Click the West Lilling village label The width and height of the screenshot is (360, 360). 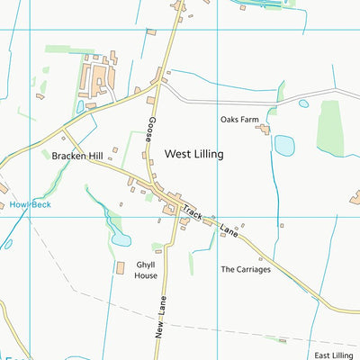tap(193, 154)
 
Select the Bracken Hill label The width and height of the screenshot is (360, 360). tap(76, 156)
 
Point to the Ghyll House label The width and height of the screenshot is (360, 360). tap(147, 270)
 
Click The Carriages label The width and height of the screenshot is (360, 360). tap(245, 269)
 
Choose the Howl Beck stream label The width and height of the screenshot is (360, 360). tap(31, 204)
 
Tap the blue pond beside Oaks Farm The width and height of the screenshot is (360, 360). tap(284, 145)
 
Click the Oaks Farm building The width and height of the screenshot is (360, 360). tap(264, 130)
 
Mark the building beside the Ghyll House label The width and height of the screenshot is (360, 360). tap(121, 268)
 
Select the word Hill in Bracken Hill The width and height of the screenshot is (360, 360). tap(94, 156)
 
